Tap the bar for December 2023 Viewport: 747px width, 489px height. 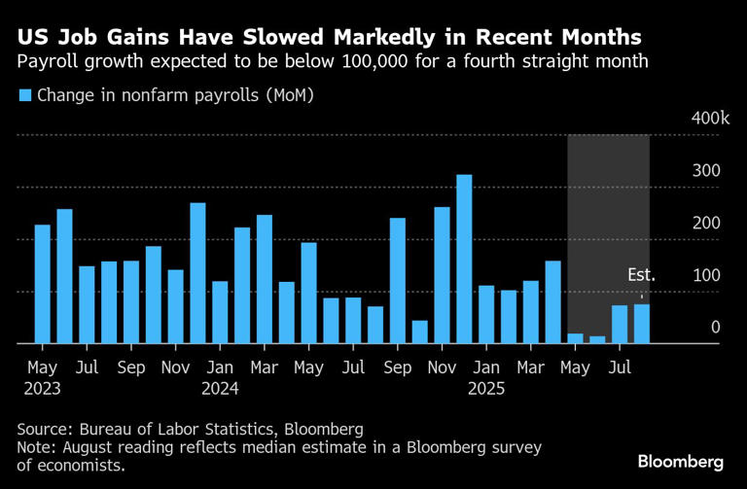click(197, 273)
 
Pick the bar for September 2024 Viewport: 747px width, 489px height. click(398, 281)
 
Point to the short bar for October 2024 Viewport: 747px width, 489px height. click(420, 332)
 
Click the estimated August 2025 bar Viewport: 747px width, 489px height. click(642, 324)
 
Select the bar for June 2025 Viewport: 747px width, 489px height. click(597, 339)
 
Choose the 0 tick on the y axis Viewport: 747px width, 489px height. click(715, 329)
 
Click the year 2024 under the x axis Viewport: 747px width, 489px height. click(220, 388)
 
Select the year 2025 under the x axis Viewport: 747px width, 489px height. click(487, 388)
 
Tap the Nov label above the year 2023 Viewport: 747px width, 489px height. click(175, 368)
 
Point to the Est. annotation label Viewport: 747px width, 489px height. click(641, 276)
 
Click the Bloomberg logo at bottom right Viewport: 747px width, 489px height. click(680, 460)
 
